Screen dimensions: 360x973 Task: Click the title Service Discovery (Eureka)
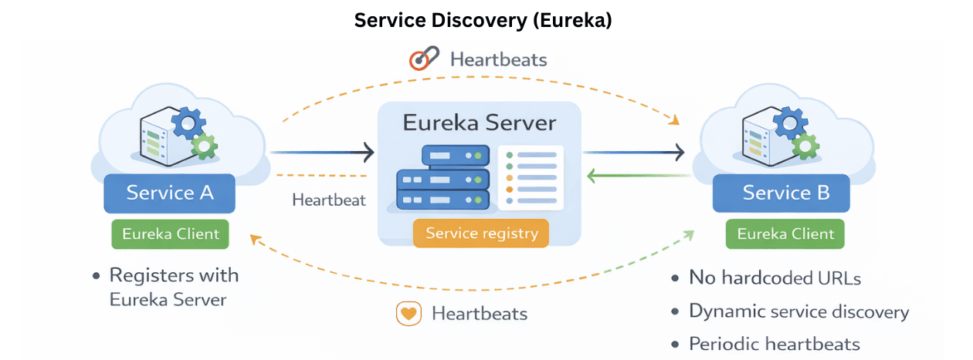pos(483,21)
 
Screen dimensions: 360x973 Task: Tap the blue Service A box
pos(170,192)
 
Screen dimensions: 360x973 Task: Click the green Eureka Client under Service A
pos(170,234)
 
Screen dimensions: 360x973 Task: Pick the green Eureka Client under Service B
pos(785,234)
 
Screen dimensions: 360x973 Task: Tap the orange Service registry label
pos(481,233)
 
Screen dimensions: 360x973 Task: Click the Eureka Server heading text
pos(479,123)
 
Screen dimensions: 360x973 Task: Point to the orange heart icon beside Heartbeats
pos(408,314)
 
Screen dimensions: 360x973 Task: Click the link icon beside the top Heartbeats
pos(424,59)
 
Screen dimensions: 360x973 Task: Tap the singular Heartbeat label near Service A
pos(329,200)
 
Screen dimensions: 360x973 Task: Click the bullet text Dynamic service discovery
pos(798,312)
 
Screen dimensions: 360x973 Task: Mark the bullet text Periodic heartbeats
pos(775,345)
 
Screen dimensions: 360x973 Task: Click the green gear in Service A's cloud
pos(204,144)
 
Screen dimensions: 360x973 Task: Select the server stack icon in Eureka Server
pos(442,179)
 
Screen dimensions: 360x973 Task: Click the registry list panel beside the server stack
pos(531,177)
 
